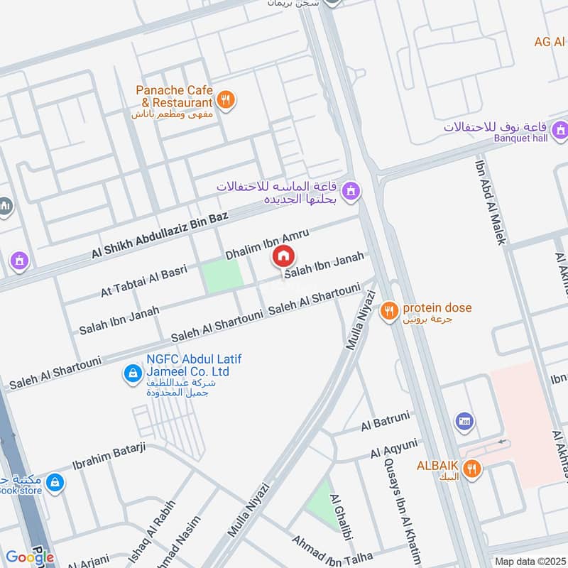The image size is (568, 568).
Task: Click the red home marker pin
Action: [x=283, y=256]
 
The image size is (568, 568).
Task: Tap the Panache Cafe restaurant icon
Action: [x=226, y=100]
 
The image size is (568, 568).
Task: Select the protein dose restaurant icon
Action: [x=388, y=310]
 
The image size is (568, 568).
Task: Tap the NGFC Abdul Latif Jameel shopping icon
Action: [x=131, y=373]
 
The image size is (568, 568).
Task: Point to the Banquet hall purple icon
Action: [x=561, y=130]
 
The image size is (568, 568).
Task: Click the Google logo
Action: [x=30, y=557]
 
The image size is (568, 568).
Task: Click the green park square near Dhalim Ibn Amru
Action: [x=222, y=277]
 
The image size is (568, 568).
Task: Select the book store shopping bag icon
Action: [x=55, y=484]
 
